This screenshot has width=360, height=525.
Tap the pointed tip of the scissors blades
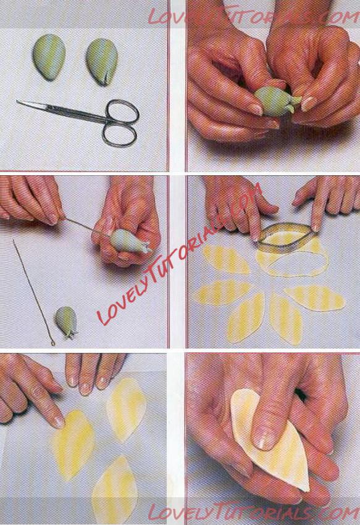point(17,101)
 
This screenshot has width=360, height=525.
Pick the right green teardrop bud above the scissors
point(101,62)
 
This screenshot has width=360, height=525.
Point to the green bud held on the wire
point(130,241)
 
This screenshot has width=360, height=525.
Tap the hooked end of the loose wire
point(52,342)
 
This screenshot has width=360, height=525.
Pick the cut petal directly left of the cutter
point(225,259)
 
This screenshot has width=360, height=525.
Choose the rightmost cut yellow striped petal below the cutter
point(314,297)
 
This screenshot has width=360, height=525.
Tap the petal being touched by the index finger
point(73,444)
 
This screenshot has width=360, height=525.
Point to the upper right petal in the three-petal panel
point(126,408)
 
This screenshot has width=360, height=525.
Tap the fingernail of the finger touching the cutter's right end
point(316,228)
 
